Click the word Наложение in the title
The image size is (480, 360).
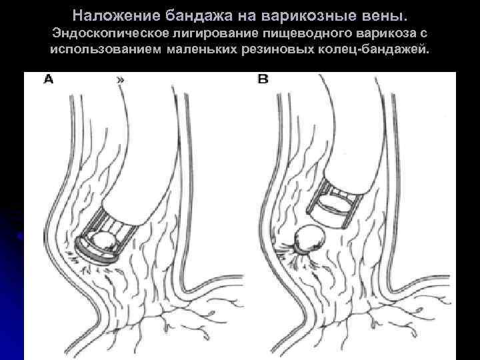116,15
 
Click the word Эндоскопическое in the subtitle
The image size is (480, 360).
111,33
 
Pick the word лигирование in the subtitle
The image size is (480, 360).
216,33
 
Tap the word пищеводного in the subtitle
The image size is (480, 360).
307,33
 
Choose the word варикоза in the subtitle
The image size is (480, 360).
385,33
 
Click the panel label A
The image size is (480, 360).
49,79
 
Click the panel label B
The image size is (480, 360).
263,79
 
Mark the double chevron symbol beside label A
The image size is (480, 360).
120,80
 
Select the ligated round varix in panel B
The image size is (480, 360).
309,237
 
